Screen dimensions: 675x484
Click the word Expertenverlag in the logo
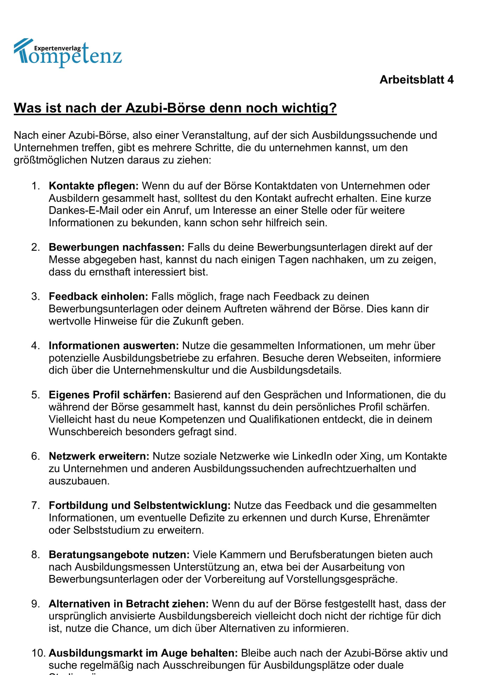point(57,48)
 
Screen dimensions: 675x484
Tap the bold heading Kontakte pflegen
point(93,186)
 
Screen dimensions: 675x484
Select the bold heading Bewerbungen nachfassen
point(117,247)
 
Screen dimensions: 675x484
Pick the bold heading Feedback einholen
point(98,296)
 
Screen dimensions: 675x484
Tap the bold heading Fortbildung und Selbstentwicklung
point(139,505)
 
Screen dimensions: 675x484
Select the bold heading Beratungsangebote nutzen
point(119,555)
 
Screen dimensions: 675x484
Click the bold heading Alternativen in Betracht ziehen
point(129,604)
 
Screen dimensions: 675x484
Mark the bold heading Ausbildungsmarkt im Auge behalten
point(143,653)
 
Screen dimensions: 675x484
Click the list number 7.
point(35,505)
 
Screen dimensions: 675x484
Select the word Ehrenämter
point(401,518)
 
